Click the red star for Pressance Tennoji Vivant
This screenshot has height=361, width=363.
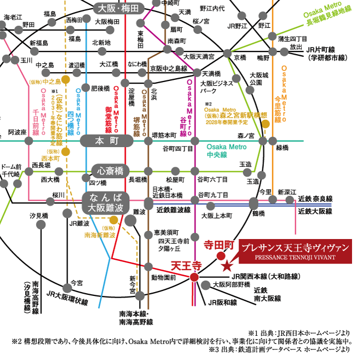(226, 266)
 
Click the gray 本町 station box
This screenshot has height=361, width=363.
(107, 141)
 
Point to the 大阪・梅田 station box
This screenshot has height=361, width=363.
(119, 8)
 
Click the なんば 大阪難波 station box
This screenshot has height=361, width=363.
(106, 202)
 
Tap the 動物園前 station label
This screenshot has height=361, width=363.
(163, 277)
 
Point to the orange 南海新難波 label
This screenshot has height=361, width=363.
(100, 235)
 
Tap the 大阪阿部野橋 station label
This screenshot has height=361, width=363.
(231, 284)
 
